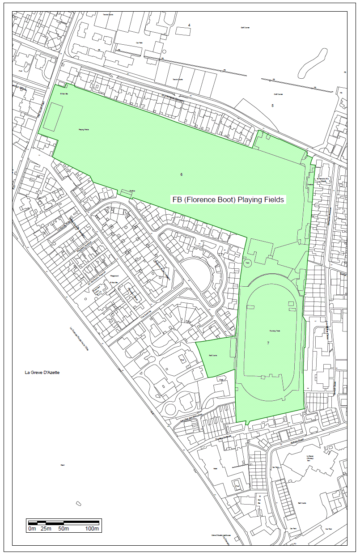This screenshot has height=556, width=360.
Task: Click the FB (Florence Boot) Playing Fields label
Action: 228,200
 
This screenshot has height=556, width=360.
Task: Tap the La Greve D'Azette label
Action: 42,373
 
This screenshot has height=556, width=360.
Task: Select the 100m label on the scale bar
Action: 92,529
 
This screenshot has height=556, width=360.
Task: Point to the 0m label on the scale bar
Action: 32,529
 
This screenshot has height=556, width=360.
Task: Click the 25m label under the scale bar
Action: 46,529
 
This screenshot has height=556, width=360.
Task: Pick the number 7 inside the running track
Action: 268,343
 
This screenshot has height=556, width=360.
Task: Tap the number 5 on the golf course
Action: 272,106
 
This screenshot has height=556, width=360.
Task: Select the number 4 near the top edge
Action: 189,24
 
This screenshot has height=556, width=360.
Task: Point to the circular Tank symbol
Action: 247,263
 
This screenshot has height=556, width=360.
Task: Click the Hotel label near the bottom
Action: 216,469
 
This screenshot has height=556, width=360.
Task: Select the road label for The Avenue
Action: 147,315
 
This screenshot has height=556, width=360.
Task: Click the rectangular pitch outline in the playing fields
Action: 53,117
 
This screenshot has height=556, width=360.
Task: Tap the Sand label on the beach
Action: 63,465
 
